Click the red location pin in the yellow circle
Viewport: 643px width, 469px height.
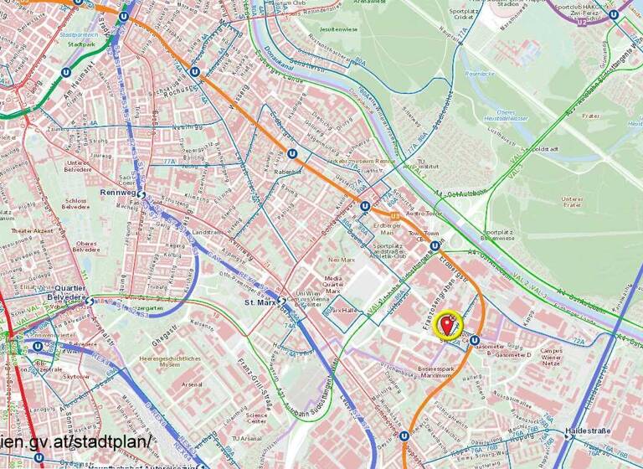[x=450, y=322]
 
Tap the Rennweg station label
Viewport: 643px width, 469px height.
[x=116, y=192]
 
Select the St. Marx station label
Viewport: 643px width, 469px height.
[x=260, y=302]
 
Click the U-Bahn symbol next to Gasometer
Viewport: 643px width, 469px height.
[x=475, y=340]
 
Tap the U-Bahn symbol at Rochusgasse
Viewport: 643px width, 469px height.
[x=195, y=72]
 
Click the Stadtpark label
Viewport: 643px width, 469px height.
[x=81, y=44]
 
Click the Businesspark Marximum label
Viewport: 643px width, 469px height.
[x=445, y=372]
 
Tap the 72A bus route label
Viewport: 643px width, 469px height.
[x=579, y=342]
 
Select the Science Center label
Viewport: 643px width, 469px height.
[x=256, y=417]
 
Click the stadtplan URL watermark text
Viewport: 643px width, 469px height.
[x=75, y=441]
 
